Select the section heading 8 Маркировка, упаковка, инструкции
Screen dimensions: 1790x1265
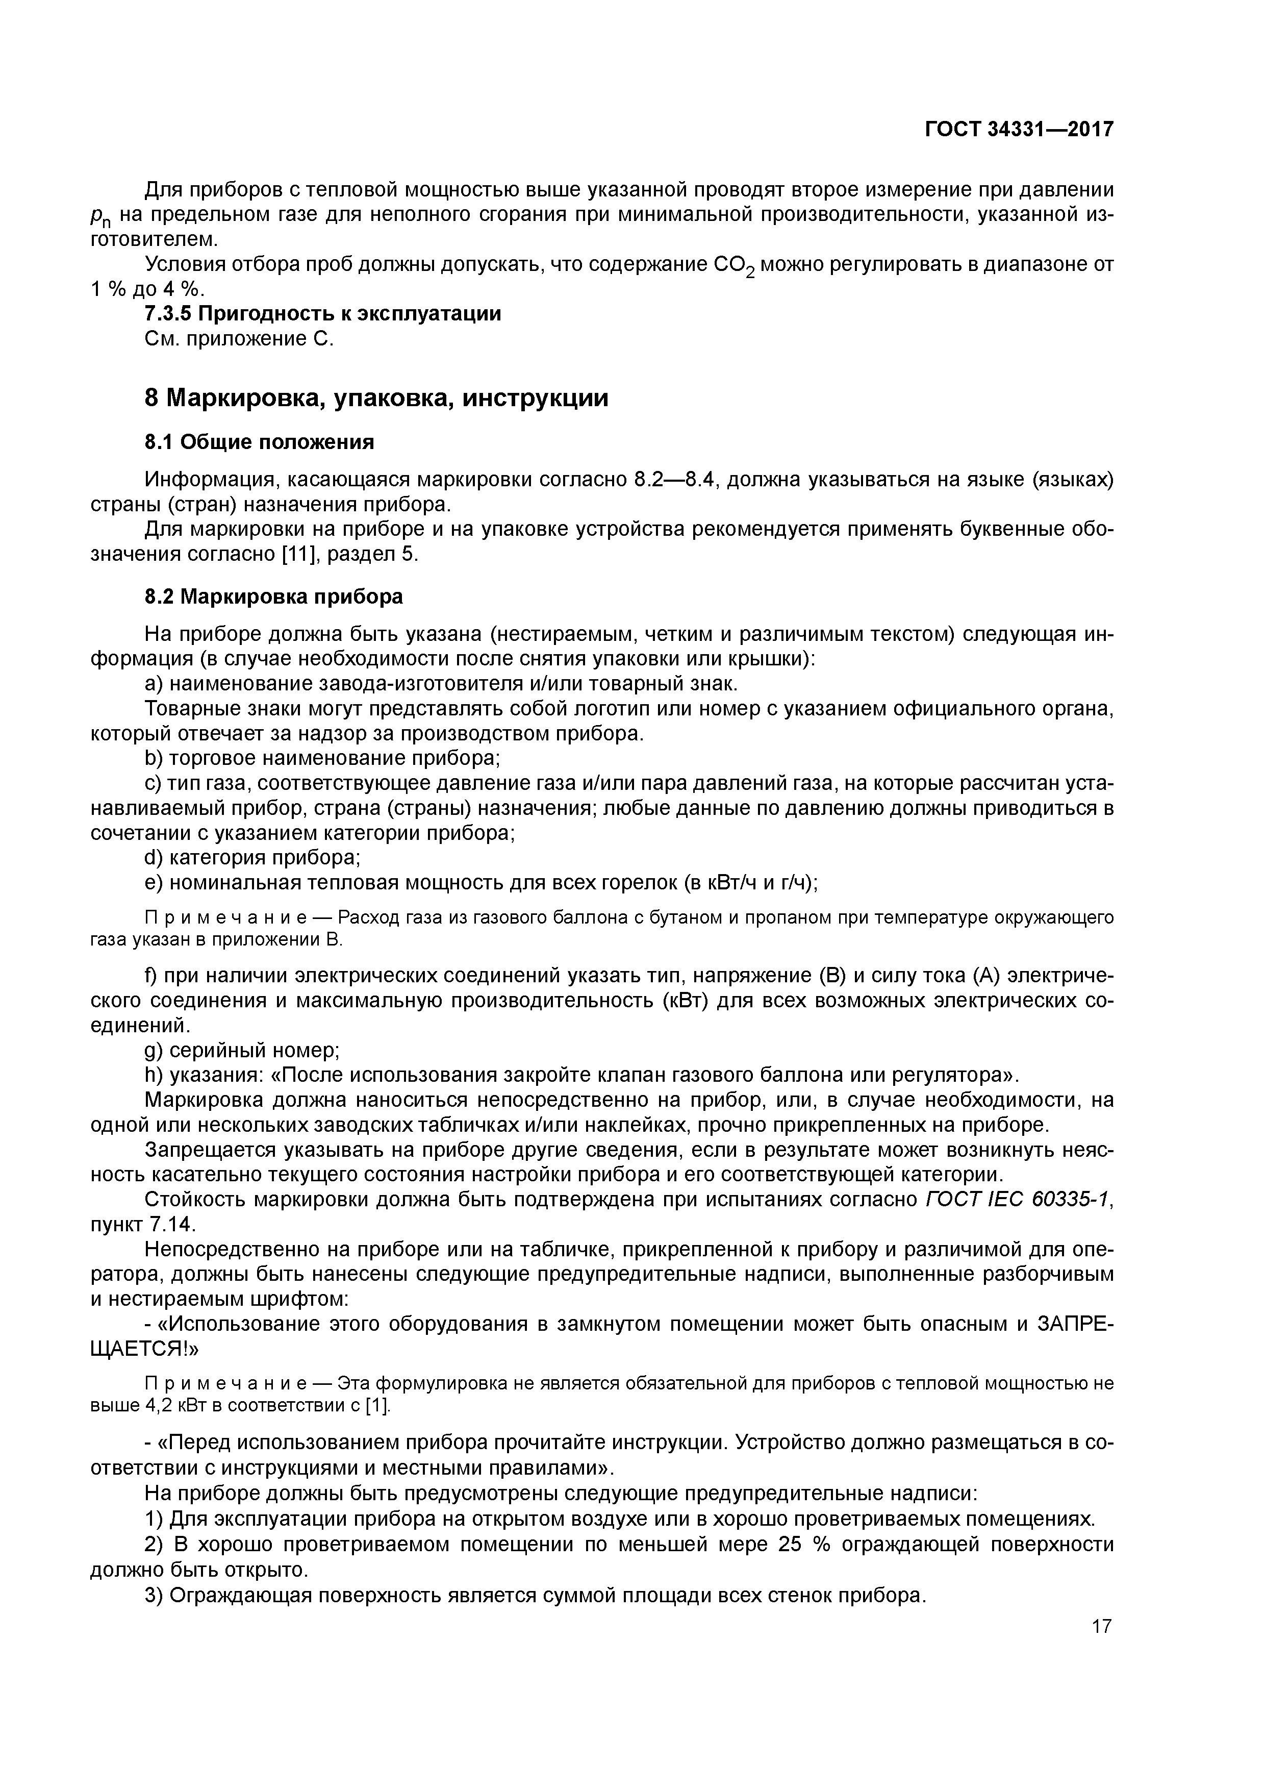point(376,399)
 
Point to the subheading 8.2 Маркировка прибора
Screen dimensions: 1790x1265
point(273,597)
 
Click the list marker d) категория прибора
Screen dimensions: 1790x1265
point(155,858)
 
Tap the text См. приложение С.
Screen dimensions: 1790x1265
point(239,339)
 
